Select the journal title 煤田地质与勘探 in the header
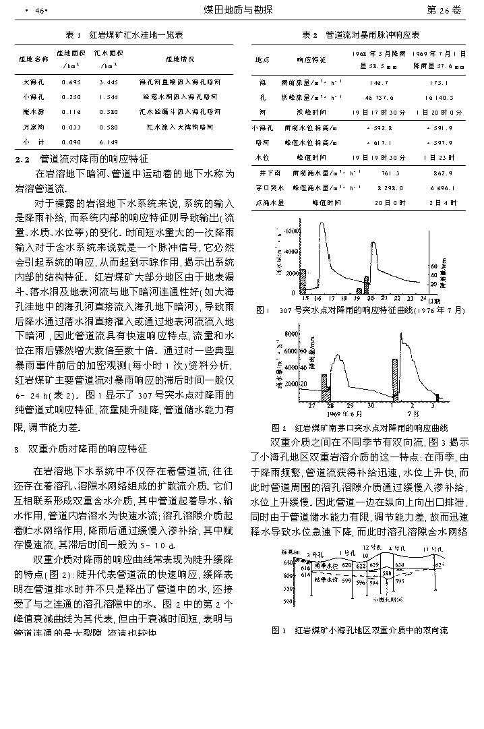tap(242, 10)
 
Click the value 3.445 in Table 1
tap(108, 82)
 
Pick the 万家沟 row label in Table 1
tap(33, 126)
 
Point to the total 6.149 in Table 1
tap(108, 142)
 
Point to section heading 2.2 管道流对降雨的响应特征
tap(82, 159)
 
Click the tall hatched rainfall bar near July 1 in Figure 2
tap(395, 380)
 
